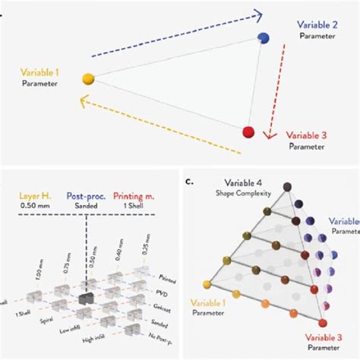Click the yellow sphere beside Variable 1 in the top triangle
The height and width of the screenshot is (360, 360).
pyautogui.click(x=88, y=77)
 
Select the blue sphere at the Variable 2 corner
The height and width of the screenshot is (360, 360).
pyautogui.click(x=264, y=38)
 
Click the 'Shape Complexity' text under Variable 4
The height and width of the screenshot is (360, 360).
pyautogui.click(x=236, y=194)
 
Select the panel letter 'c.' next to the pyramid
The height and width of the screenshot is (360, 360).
pyautogui.click(x=189, y=182)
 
